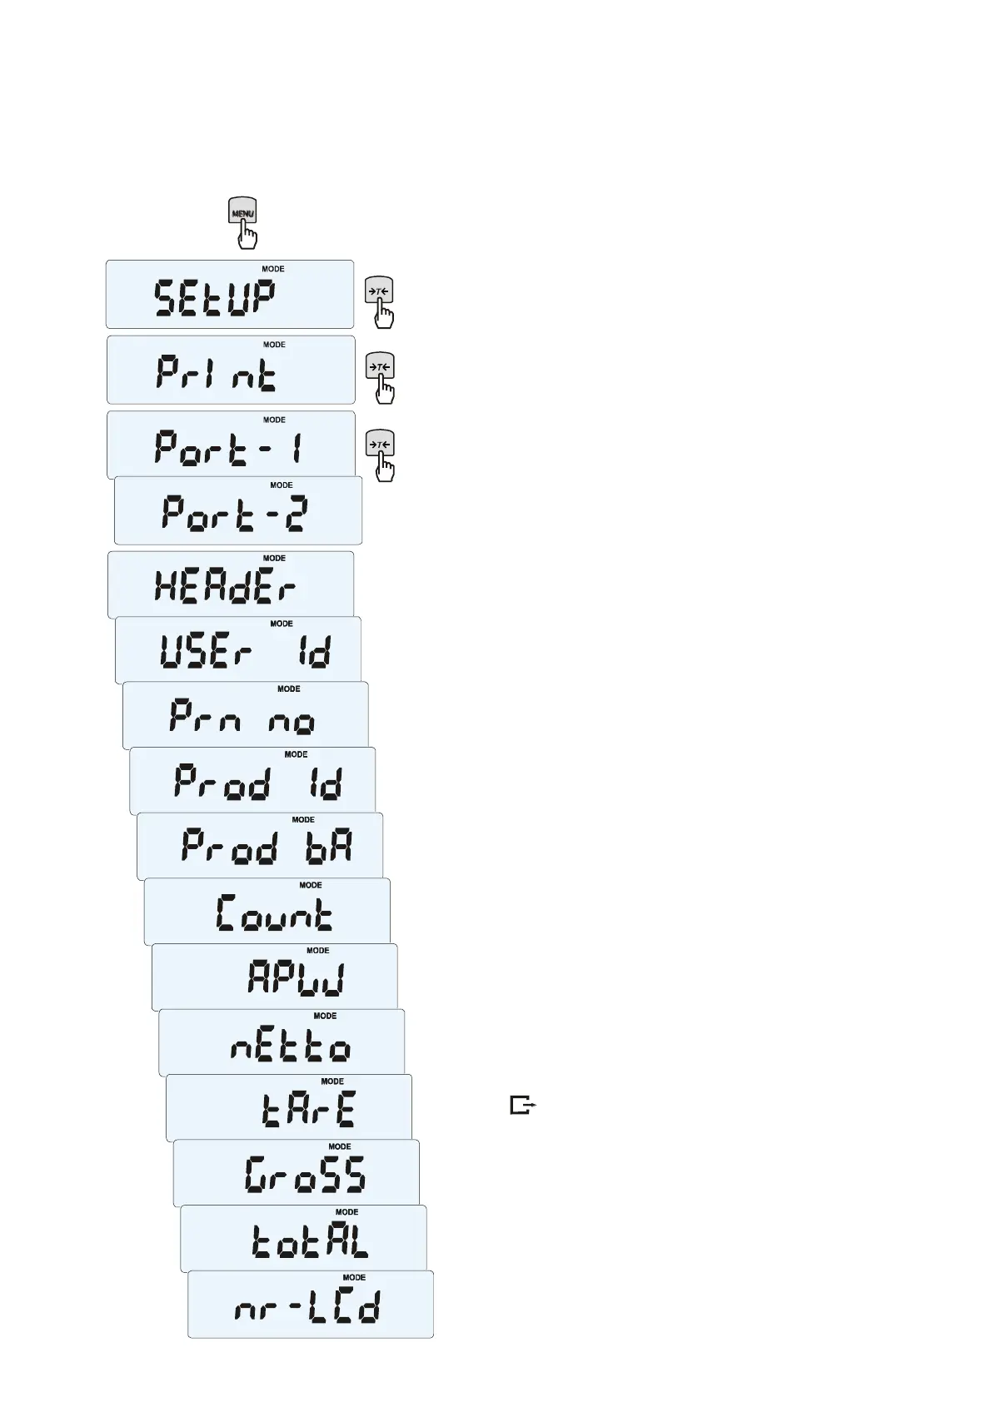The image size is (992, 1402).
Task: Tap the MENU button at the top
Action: coord(242,212)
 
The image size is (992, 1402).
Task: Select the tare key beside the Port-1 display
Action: coord(379,445)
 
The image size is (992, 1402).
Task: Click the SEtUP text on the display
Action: coord(215,298)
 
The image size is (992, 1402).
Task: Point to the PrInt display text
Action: coord(217,374)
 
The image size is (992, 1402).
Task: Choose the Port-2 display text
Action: coord(235,514)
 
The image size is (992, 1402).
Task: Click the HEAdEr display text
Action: coord(225,588)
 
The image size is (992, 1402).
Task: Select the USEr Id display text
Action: coord(246,652)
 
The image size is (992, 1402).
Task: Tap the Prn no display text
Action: coord(242,717)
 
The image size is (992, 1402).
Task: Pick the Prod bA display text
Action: coord(267,848)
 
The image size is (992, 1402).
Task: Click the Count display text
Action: coord(274,913)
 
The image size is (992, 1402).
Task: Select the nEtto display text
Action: coord(291,1045)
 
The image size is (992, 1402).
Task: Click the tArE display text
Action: coord(308,1110)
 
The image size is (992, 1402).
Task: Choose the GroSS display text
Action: coord(305,1175)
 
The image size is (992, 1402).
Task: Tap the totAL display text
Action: coord(310,1240)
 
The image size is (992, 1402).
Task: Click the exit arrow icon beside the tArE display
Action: coord(522,1106)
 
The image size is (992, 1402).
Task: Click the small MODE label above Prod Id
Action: coord(296,754)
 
